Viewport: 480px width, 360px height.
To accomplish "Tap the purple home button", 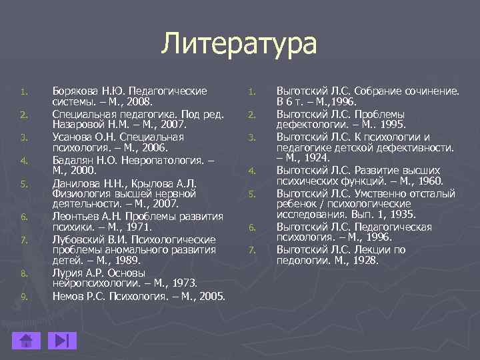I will [27, 341].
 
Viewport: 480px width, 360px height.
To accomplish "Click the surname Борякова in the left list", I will [76, 91].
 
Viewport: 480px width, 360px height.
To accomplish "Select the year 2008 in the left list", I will [139, 102].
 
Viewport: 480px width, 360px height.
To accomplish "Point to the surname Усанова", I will [73, 137].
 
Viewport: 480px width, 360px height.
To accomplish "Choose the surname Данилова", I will [75, 182].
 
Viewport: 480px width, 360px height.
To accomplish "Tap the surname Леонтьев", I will [75, 216].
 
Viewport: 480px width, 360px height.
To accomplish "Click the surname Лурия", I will [67, 273].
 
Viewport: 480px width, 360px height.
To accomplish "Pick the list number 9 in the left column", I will [23, 297].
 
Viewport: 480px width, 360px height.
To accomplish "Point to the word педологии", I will [299, 261].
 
